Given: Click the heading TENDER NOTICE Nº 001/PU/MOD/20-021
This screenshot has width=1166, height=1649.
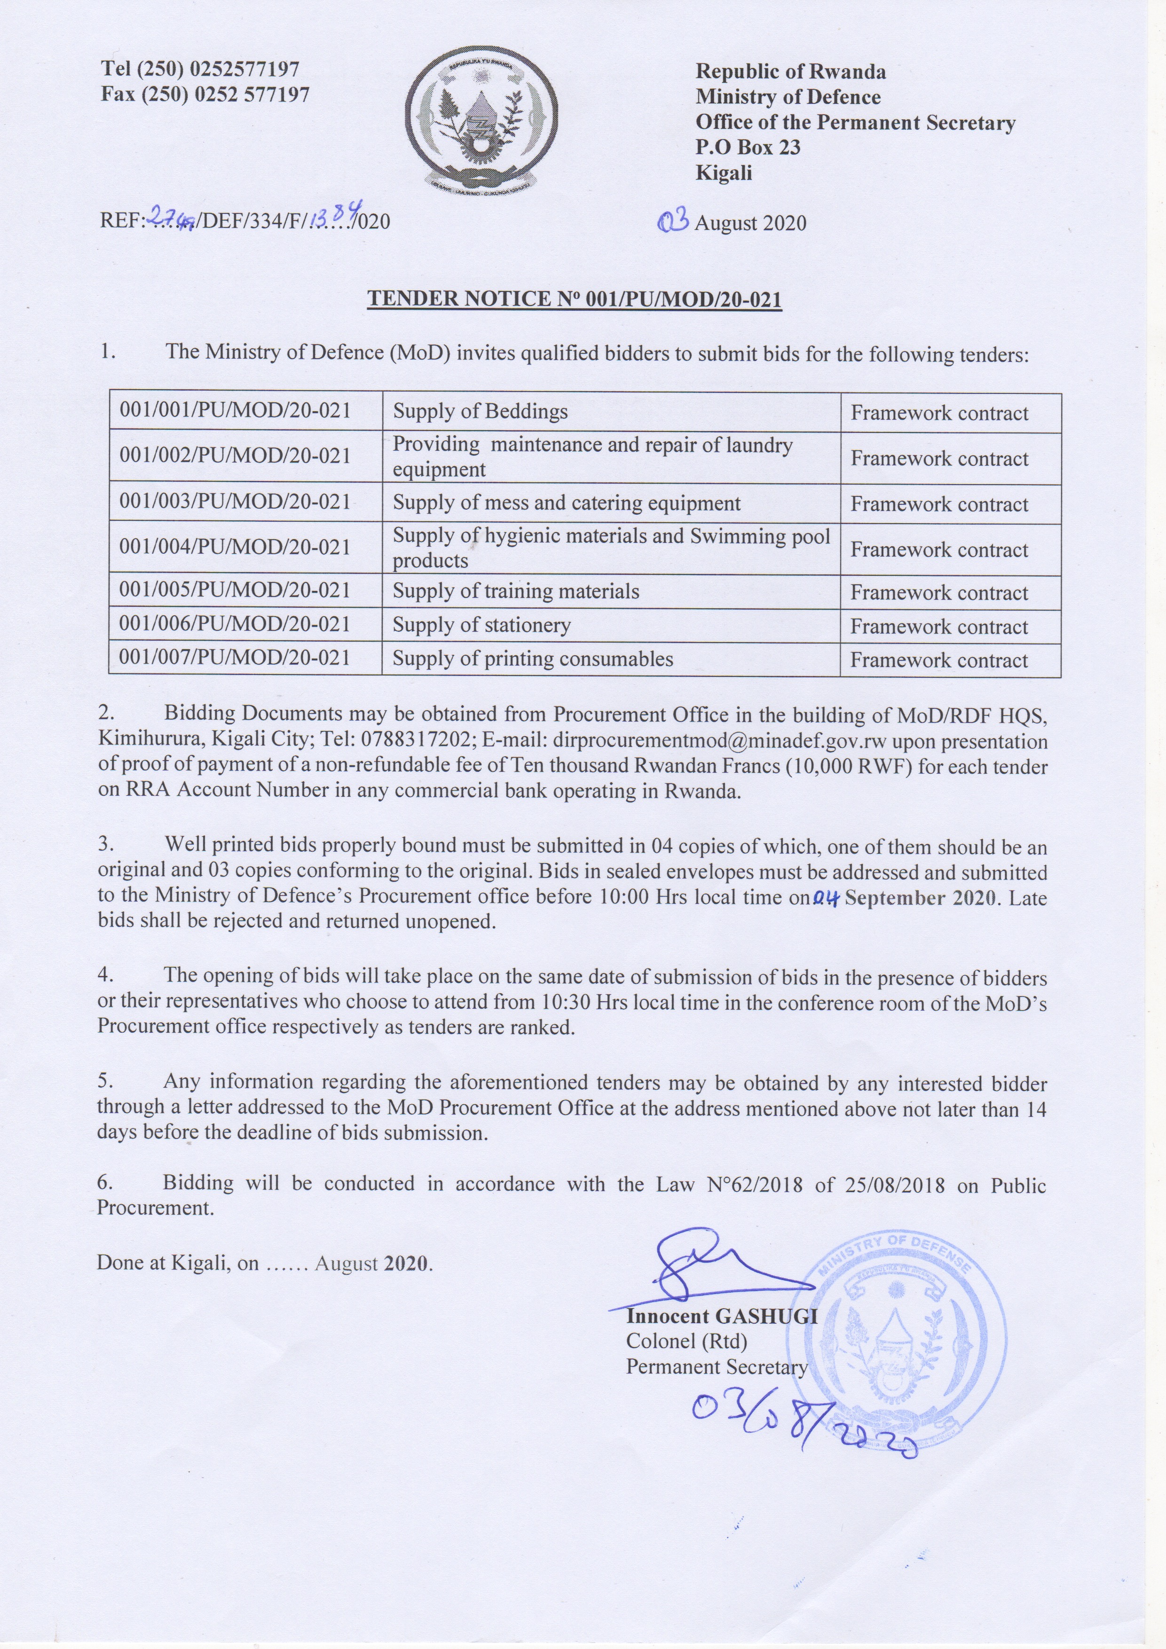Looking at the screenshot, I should click(x=574, y=299).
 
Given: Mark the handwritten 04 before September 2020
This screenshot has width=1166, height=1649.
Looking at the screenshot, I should click(x=827, y=898).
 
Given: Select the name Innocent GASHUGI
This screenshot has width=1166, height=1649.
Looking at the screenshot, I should click(x=721, y=1316).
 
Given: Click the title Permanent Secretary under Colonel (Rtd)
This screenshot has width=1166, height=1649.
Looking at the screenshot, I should click(x=716, y=1367).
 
